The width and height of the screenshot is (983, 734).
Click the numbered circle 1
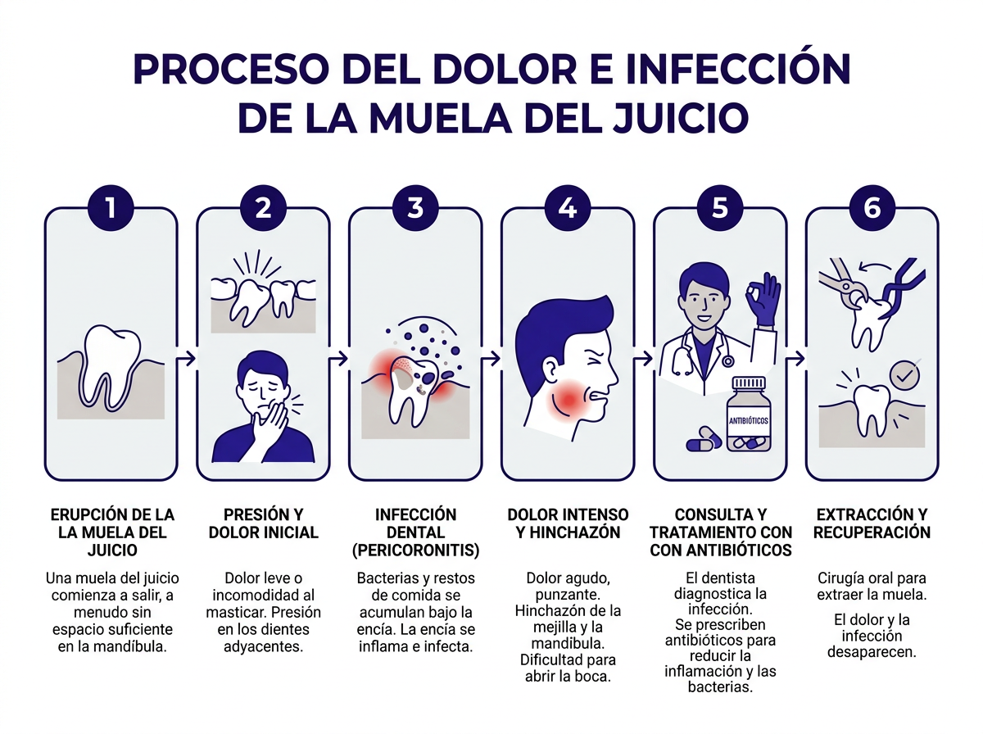point(111,207)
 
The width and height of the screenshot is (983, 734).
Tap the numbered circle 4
point(567,207)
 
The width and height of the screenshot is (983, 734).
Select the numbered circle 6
point(872,207)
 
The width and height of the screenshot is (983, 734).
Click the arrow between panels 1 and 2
point(187,358)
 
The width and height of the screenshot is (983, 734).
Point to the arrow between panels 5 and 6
point(795,358)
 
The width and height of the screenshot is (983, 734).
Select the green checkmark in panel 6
point(904,374)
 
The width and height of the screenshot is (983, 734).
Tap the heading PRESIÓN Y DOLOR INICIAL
point(263,523)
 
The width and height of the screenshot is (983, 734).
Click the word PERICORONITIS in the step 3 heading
point(415,550)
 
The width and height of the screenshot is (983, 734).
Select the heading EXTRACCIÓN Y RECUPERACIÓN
point(872,523)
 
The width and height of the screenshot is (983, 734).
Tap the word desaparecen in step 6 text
point(872,653)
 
